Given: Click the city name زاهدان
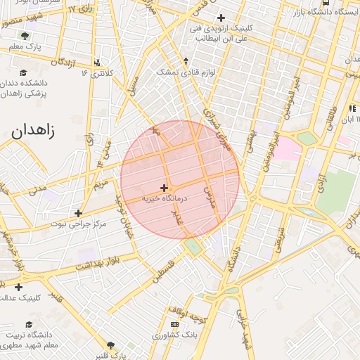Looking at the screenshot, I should [34, 129].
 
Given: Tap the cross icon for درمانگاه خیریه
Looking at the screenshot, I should [165, 188].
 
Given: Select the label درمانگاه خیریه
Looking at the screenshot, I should [165, 199].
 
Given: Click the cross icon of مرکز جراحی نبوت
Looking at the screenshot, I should [78, 213].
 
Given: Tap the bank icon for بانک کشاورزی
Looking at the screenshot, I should [174, 323].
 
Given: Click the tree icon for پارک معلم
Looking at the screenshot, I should [26, 35].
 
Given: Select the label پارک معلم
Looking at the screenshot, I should [25, 46].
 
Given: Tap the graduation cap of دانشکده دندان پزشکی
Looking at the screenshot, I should [23, 72].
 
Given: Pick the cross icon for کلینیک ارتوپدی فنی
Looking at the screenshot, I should [221, 18].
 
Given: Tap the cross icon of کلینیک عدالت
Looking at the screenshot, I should [18, 287].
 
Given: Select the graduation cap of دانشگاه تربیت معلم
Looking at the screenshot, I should [29, 325].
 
